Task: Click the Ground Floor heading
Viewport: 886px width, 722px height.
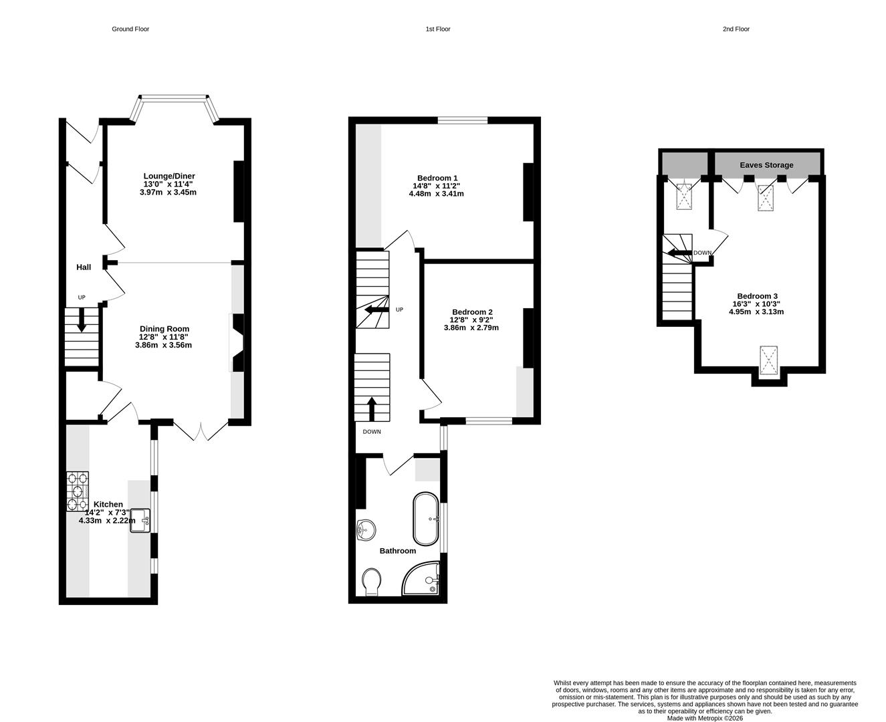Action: pyautogui.click(x=130, y=29)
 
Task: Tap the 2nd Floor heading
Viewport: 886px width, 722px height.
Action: pyautogui.click(x=736, y=29)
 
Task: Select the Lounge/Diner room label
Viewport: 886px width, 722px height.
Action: pyautogui.click(x=169, y=176)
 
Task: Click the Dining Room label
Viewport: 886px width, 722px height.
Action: pyautogui.click(x=164, y=329)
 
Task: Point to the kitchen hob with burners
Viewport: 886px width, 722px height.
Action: pyautogui.click(x=78, y=492)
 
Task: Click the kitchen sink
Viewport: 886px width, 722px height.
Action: pyautogui.click(x=140, y=520)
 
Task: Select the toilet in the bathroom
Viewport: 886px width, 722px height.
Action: pyautogui.click(x=371, y=580)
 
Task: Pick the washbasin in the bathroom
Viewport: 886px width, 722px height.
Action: pyautogui.click(x=366, y=529)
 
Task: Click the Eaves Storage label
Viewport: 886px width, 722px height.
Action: pyautogui.click(x=766, y=164)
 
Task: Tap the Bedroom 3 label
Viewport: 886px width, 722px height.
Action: pyautogui.click(x=757, y=296)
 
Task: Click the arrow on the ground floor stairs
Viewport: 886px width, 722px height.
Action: pyautogui.click(x=82, y=320)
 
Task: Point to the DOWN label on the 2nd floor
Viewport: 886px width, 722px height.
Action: pyautogui.click(x=702, y=253)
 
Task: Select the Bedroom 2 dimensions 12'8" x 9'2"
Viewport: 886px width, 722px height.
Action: pyautogui.click(x=471, y=320)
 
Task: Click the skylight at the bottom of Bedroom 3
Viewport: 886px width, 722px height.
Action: pyautogui.click(x=770, y=362)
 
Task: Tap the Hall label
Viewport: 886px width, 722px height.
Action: pyautogui.click(x=84, y=267)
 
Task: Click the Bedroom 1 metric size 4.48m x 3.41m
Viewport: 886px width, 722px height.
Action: pyautogui.click(x=436, y=194)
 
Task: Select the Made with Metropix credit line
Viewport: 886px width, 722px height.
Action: pyautogui.click(x=705, y=718)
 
